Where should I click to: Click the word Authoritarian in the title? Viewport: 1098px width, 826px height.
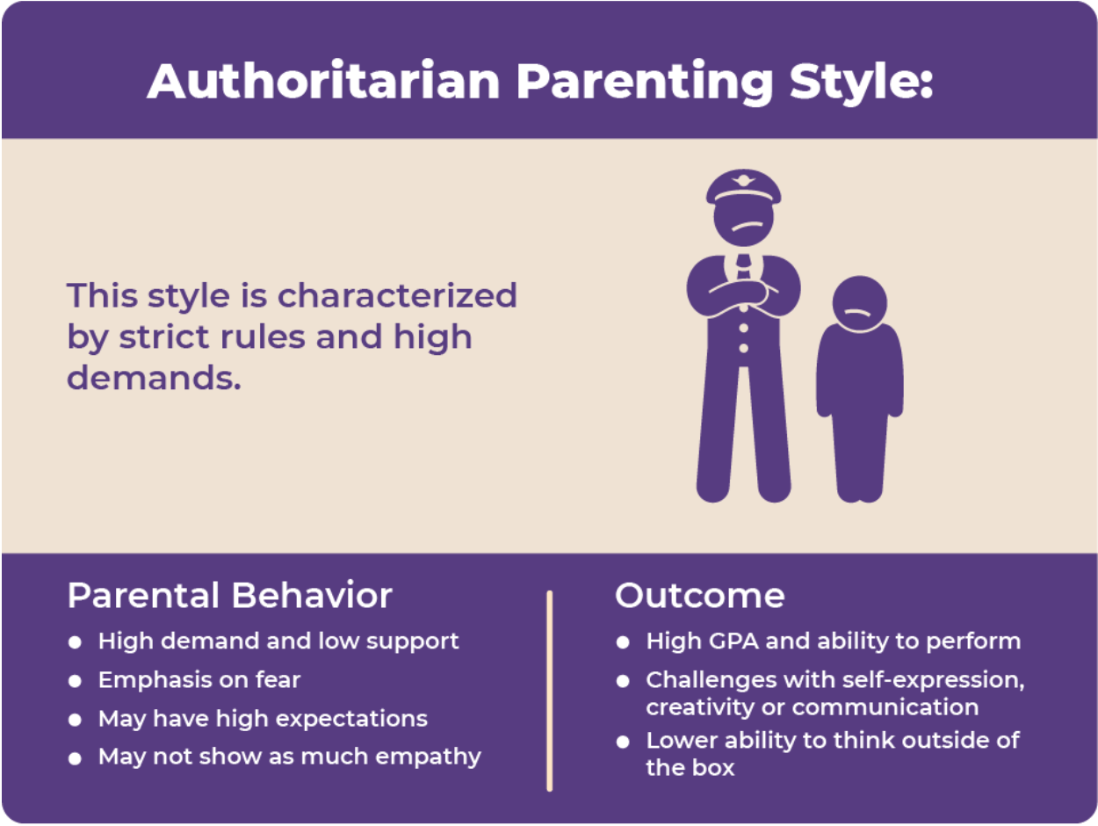tap(323, 81)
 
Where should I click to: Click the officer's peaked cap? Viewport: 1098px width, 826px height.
tap(743, 185)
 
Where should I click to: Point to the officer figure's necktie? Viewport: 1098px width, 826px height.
tap(744, 265)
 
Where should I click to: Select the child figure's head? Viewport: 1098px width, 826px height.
tap(859, 303)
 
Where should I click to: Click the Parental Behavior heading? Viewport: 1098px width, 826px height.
tap(229, 596)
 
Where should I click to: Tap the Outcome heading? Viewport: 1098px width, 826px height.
tap(700, 596)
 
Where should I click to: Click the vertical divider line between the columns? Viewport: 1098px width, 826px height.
tap(550, 691)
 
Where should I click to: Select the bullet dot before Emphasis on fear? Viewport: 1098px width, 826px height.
tap(75, 681)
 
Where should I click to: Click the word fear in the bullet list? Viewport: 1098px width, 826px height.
tap(278, 679)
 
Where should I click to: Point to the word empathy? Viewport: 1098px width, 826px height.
tap(428, 757)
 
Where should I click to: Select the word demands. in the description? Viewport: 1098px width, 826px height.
tap(154, 377)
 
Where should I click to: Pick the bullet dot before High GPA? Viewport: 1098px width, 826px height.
tap(623, 642)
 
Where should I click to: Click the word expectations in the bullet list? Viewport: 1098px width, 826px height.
tap(351, 720)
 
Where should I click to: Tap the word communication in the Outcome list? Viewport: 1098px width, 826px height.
tap(885, 707)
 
